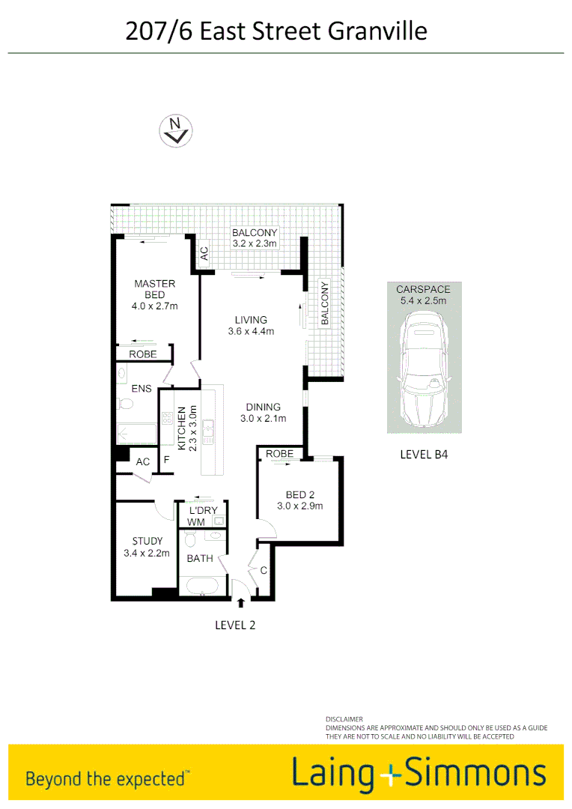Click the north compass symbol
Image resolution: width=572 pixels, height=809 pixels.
(176, 130)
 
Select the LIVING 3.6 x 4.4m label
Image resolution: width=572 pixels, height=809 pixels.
(251, 325)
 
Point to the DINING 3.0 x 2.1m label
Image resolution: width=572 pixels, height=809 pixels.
(263, 413)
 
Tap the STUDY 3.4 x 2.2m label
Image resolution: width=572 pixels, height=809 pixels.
(147, 547)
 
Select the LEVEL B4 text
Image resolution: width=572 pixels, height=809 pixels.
(425, 454)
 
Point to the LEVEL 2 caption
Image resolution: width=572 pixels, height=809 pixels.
(235, 625)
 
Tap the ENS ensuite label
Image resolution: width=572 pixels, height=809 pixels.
(142, 388)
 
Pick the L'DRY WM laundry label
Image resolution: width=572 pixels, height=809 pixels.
(197, 516)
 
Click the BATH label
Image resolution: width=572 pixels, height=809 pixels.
(200, 558)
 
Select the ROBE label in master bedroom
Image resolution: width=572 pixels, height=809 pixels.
(143, 354)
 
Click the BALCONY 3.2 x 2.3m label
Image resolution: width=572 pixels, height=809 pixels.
(255, 238)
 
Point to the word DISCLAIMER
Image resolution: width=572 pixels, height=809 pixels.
(344, 718)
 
